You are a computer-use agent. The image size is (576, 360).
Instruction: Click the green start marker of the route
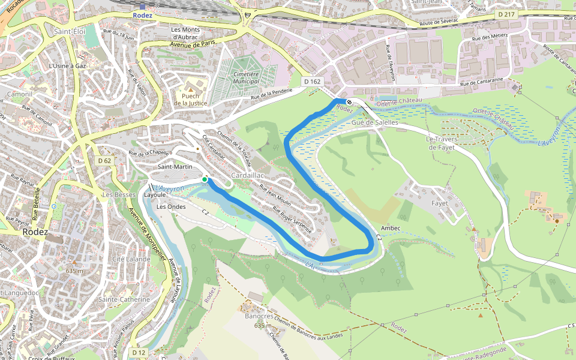tap(205, 179)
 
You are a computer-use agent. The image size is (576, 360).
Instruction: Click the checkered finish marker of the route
tap(349, 102)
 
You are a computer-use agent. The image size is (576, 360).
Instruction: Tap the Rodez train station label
tap(142, 16)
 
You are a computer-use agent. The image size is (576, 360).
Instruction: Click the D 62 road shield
tap(104, 161)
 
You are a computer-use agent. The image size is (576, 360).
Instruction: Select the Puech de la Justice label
tap(190, 100)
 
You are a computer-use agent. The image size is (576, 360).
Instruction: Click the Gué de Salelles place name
tap(375, 122)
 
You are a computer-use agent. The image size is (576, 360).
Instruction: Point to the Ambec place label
tap(390, 229)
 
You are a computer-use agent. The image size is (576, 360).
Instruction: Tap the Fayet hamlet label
tap(440, 203)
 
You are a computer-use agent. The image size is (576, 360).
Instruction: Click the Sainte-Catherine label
tap(124, 299)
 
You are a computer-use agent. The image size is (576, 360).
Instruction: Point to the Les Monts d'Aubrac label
tap(188, 34)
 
